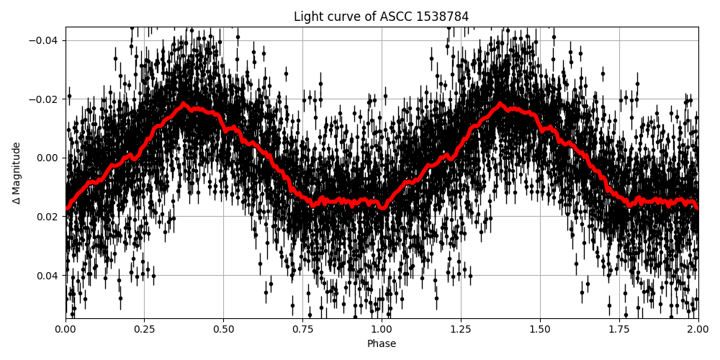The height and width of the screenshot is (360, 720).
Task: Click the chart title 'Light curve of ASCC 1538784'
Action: point(381,17)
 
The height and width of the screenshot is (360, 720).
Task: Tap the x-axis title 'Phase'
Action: point(381,344)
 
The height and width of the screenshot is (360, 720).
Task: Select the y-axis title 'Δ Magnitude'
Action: point(17,173)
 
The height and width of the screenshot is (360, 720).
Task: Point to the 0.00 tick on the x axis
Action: point(66,330)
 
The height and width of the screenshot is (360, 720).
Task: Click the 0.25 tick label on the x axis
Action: point(144,330)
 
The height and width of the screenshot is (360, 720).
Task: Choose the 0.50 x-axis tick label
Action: point(223,330)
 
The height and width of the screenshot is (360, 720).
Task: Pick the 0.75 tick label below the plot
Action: point(302,330)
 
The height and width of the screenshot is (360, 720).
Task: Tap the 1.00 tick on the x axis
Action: point(382,330)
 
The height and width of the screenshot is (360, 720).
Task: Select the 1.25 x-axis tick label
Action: point(461,330)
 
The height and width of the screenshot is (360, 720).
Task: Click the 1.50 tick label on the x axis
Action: point(540,330)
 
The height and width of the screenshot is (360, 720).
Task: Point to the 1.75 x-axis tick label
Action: point(619,330)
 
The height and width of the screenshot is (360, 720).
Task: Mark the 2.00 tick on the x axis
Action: point(698,330)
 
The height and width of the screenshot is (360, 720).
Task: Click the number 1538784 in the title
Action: point(442,17)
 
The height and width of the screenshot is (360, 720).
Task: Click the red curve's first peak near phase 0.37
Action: point(184,104)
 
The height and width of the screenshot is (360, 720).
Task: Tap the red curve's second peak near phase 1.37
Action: point(500,104)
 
